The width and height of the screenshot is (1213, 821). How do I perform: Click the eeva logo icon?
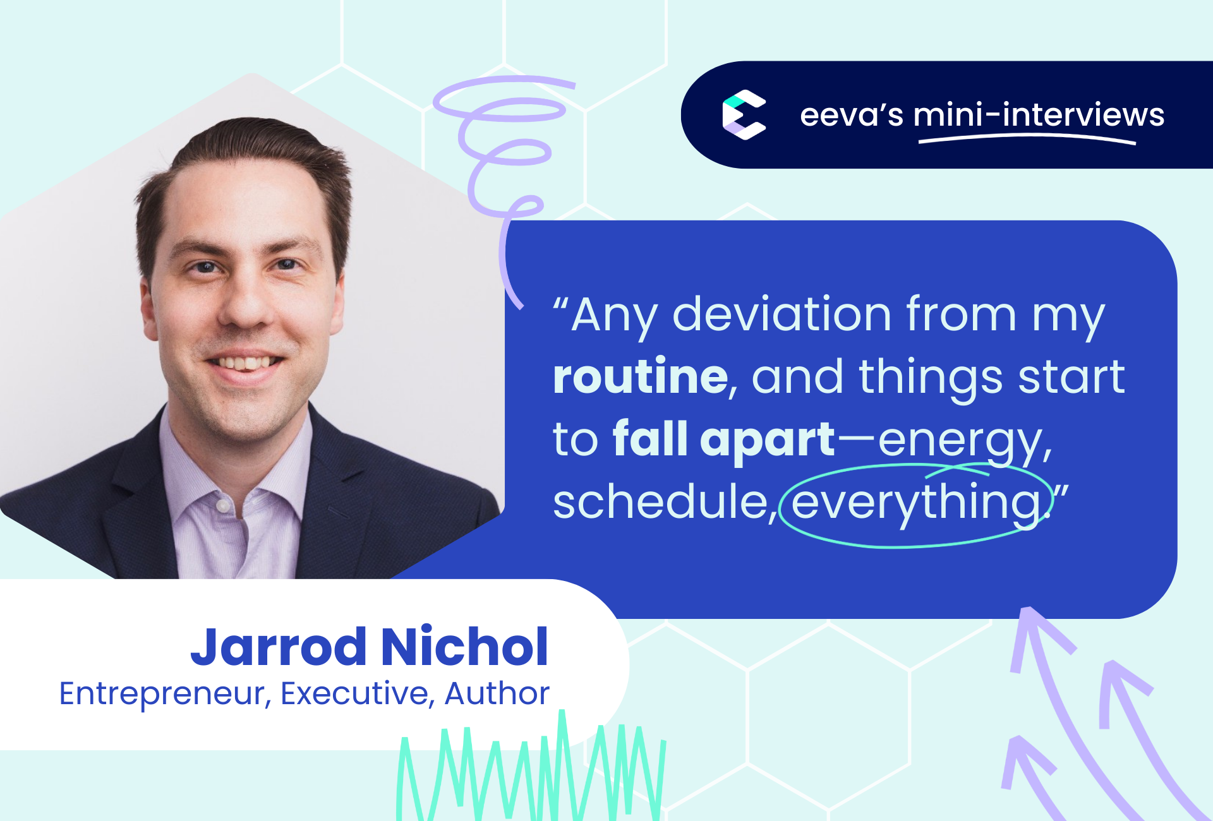pos(744,114)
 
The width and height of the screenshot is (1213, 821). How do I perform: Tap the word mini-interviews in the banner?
pos(1039,115)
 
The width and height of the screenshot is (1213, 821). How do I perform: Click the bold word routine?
pos(641,376)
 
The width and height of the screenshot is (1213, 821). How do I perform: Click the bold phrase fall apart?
pos(724,440)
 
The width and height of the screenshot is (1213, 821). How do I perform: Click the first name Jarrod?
pos(279,647)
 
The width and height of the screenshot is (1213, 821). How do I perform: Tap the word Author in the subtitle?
pos(497,693)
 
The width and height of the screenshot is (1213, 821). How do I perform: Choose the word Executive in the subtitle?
pos(354,693)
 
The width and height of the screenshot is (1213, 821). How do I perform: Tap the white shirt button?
pos(222,506)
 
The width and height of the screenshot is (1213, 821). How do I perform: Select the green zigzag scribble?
pos(531,767)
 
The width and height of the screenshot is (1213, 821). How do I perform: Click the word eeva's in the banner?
pos(851,116)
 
